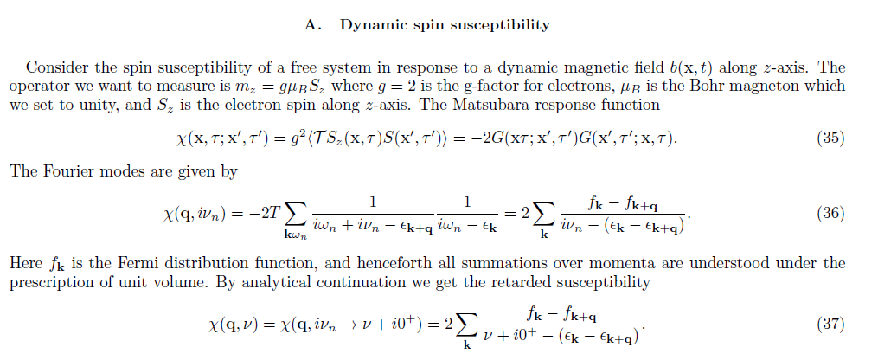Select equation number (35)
tap(831, 138)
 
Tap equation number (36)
tap(831, 213)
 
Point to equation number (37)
tap(831, 325)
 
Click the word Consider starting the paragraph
tap(55, 67)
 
